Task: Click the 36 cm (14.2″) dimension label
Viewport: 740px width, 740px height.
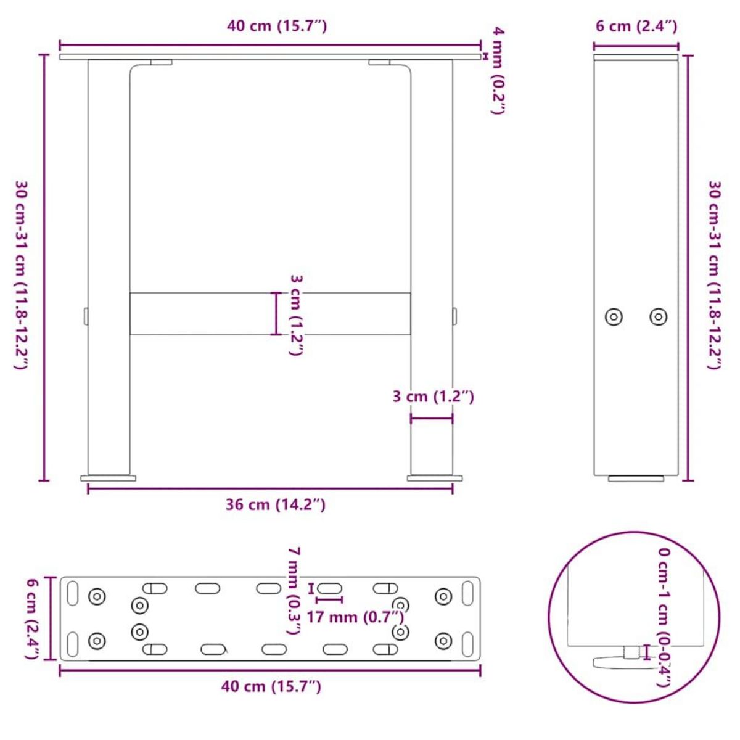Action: [x=275, y=505]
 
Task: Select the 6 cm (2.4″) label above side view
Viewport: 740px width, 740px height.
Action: [x=636, y=26]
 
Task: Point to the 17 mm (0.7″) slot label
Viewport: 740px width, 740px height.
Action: [x=355, y=616]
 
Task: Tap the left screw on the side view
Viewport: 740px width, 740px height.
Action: [x=613, y=317]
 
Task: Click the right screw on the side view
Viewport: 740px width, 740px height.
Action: [x=659, y=317]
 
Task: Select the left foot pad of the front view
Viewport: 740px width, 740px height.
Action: [x=109, y=477]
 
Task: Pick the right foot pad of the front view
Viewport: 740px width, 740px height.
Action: [x=434, y=477]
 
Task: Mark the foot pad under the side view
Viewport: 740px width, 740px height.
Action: [x=636, y=478]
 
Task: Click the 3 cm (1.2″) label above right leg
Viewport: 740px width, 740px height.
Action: [x=433, y=396]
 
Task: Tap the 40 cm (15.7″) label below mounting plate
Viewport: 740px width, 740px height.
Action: [x=271, y=686]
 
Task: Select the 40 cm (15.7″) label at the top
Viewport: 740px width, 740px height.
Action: [x=276, y=26]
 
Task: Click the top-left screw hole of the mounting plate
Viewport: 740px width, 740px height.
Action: [x=97, y=596]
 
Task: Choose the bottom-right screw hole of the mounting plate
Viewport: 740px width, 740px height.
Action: [x=443, y=641]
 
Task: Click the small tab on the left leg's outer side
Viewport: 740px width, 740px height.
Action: [x=86, y=316]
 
